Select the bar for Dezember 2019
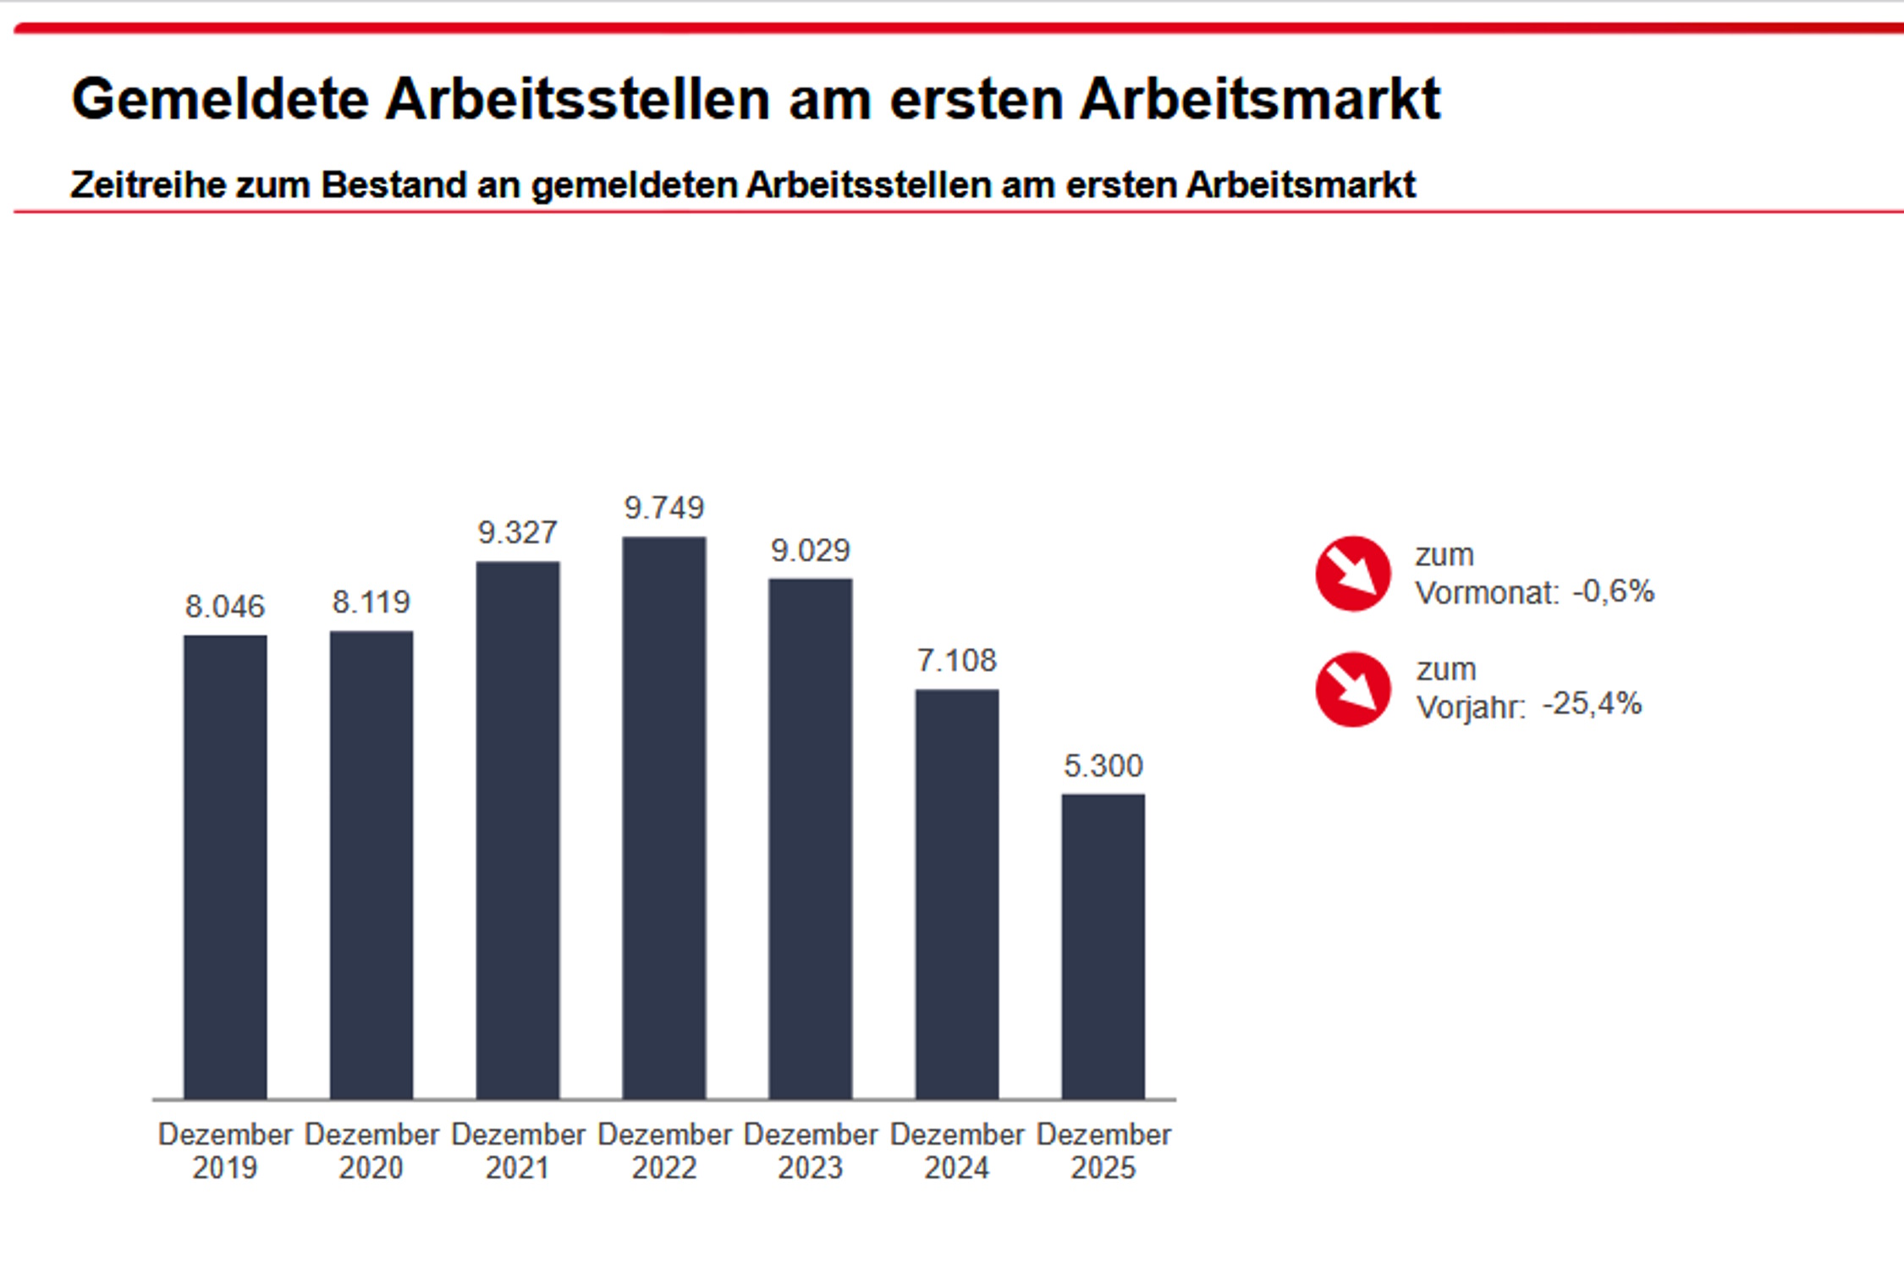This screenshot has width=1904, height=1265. (x=225, y=866)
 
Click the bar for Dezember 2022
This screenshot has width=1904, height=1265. (x=664, y=817)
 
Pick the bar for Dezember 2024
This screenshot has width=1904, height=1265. (x=957, y=894)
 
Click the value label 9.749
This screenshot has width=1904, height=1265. (x=664, y=508)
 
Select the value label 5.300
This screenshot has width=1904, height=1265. (x=1103, y=766)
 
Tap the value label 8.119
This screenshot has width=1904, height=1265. (x=371, y=602)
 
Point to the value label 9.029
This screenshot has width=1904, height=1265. (x=810, y=551)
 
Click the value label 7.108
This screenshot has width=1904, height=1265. (x=957, y=660)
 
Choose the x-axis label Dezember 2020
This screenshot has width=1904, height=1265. (x=371, y=1151)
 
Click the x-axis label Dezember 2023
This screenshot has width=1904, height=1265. (x=811, y=1151)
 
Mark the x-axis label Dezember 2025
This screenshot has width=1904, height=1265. (x=1103, y=1151)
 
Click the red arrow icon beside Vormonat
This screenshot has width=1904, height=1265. (x=1352, y=574)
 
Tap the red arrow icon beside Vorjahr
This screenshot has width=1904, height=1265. (x=1352, y=689)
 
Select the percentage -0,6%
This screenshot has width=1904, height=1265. (x=1613, y=591)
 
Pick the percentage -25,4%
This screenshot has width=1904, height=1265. (x=1592, y=703)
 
